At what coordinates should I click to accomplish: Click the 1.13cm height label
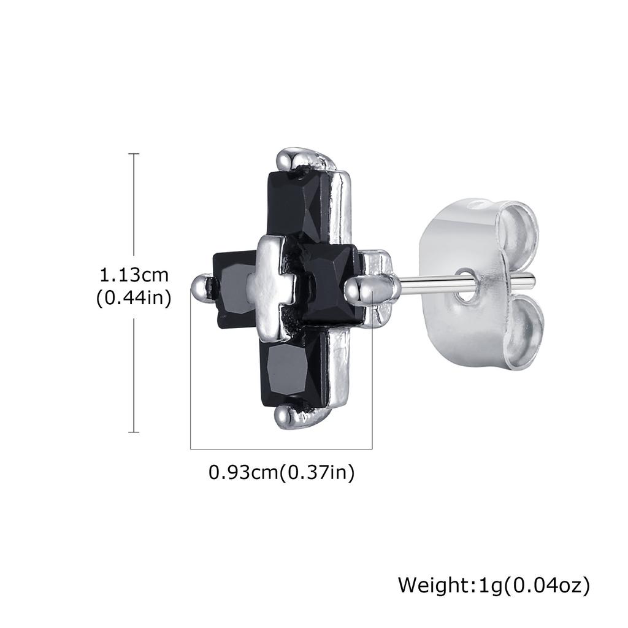(134, 275)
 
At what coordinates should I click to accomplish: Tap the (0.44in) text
(134, 298)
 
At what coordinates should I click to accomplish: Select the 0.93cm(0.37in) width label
(281, 472)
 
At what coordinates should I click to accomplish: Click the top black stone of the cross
(299, 205)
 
